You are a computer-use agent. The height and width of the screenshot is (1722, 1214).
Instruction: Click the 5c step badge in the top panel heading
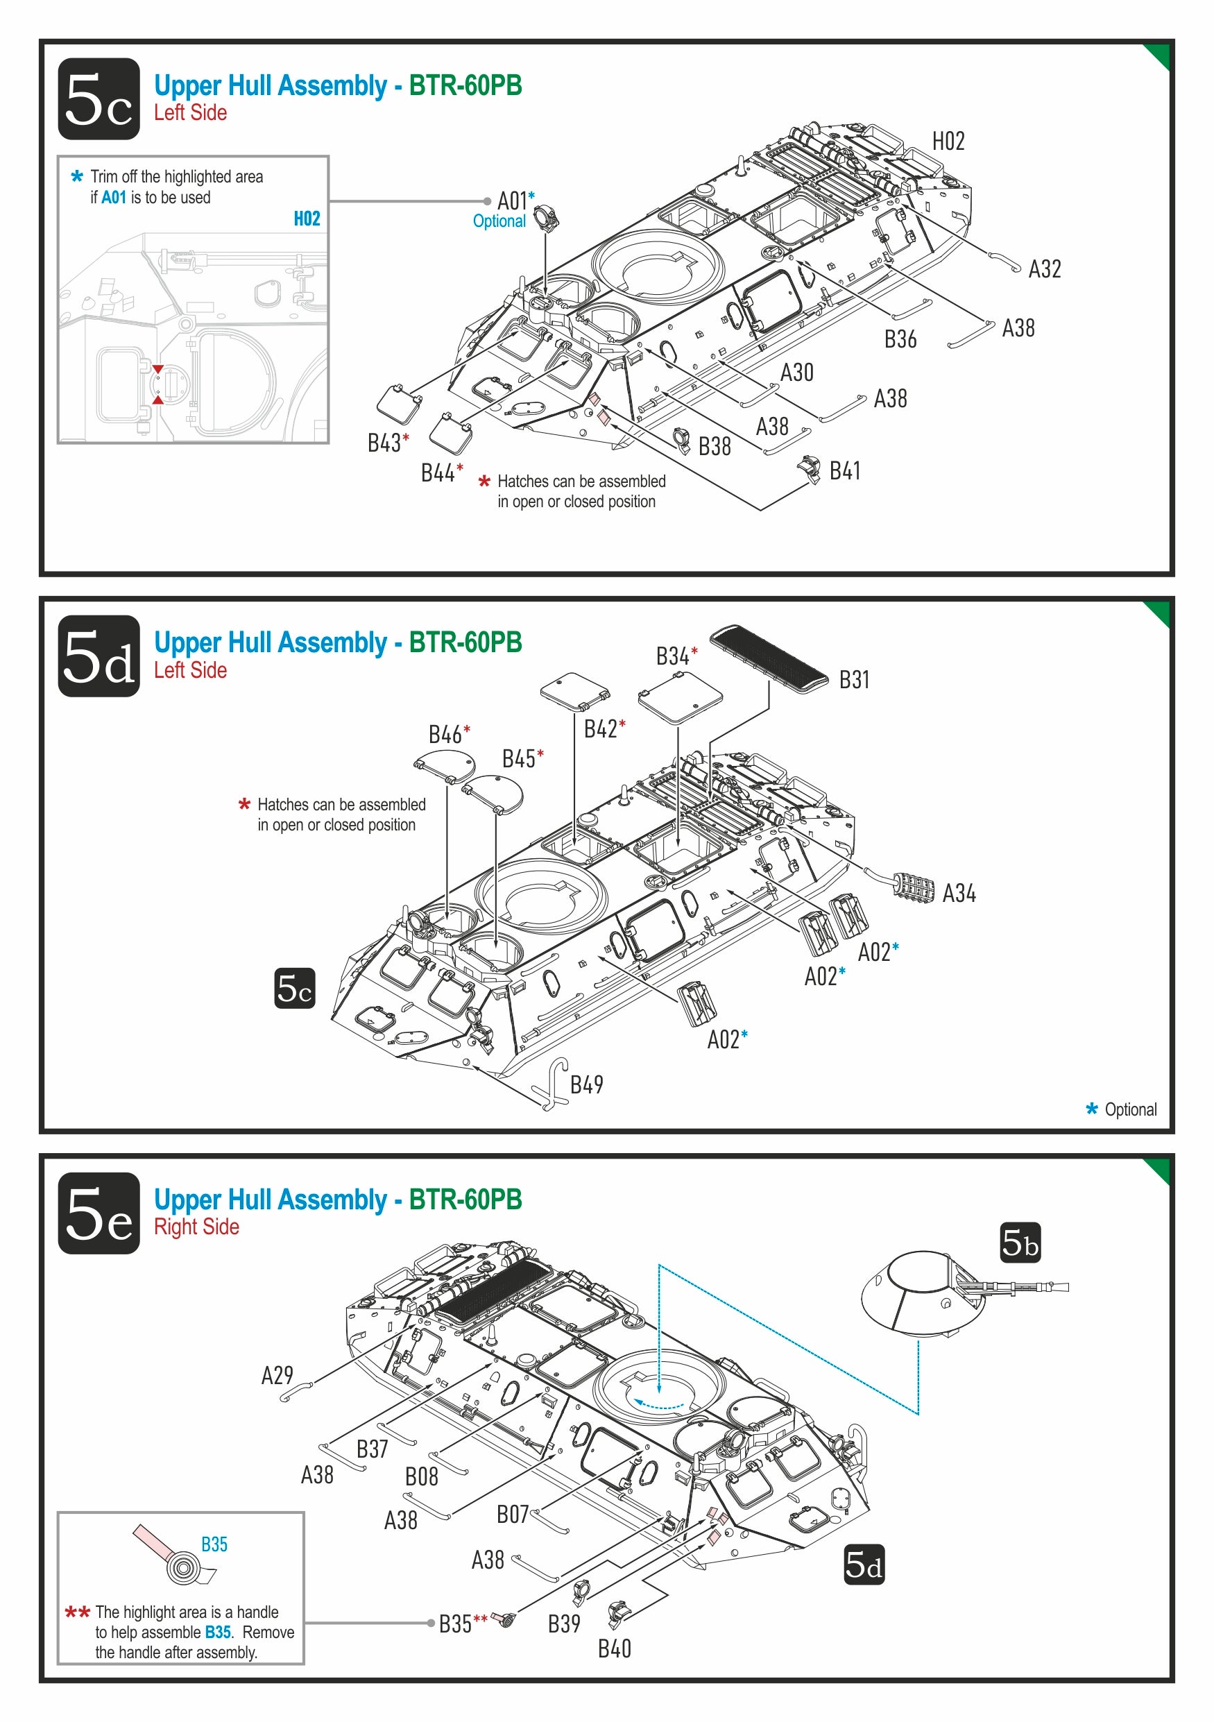click(99, 99)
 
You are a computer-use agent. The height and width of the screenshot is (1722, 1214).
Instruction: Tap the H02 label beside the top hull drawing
click(948, 141)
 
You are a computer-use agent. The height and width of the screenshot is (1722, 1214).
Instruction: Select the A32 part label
click(1045, 269)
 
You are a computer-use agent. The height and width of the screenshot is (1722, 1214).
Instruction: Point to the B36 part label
click(900, 340)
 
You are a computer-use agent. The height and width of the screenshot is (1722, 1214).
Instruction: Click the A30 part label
click(796, 373)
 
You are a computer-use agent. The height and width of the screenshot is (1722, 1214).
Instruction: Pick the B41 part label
click(844, 471)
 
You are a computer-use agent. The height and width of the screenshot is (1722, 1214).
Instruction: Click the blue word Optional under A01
click(499, 221)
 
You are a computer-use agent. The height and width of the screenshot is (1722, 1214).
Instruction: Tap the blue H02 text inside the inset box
click(307, 219)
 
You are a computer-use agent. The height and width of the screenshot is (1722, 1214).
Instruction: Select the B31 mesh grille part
click(769, 658)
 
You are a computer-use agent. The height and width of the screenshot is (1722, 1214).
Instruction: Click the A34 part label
click(958, 893)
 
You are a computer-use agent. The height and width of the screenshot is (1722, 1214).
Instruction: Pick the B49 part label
click(586, 1084)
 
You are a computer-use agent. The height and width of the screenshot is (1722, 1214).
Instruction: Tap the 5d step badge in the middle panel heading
click(99, 656)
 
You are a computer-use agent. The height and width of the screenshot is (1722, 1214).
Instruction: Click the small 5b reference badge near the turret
click(1020, 1243)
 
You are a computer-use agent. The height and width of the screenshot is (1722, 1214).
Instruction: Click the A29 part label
click(277, 1376)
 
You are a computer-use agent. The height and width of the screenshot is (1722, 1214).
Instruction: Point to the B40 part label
click(614, 1648)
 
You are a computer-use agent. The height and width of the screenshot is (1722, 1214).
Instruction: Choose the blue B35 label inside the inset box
click(214, 1544)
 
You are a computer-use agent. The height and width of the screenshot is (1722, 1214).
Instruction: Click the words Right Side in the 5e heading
click(196, 1227)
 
